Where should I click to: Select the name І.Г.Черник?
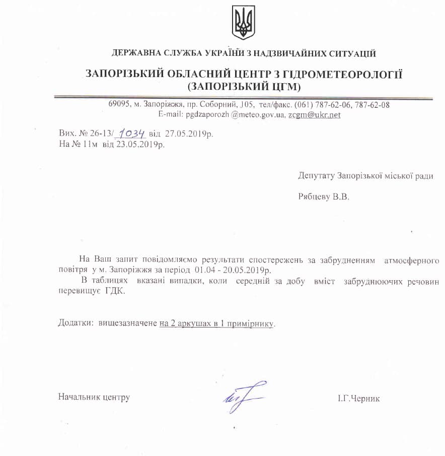coord(359,399)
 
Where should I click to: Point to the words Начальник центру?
coord(94,397)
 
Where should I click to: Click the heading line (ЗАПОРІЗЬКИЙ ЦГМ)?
coord(243,87)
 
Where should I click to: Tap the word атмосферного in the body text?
coord(411,260)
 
